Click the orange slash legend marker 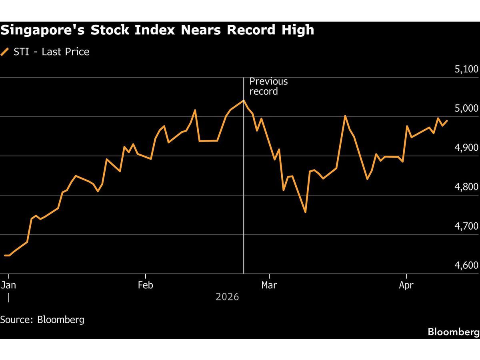click(x=5, y=52)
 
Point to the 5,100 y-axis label click(x=466, y=70)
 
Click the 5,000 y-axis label click(x=466, y=109)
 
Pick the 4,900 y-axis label click(x=466, y=148)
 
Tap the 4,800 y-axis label click(x=466, y=187)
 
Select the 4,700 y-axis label click(x=466, y=226)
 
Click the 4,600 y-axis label click(x=466, y=266)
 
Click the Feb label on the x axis click(x=146, y=285)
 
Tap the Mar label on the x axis click(x=270, y=285)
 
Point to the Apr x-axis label click(x=406, y=285)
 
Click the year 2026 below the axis click(x=227, y=297)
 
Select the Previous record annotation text click(x=268, y=86)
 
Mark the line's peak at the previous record click(x=244, y=100)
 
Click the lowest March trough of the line click(x=305, y=212)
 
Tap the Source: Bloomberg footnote click(x=42, y=320)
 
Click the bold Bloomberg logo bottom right click(x=454, y=332)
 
